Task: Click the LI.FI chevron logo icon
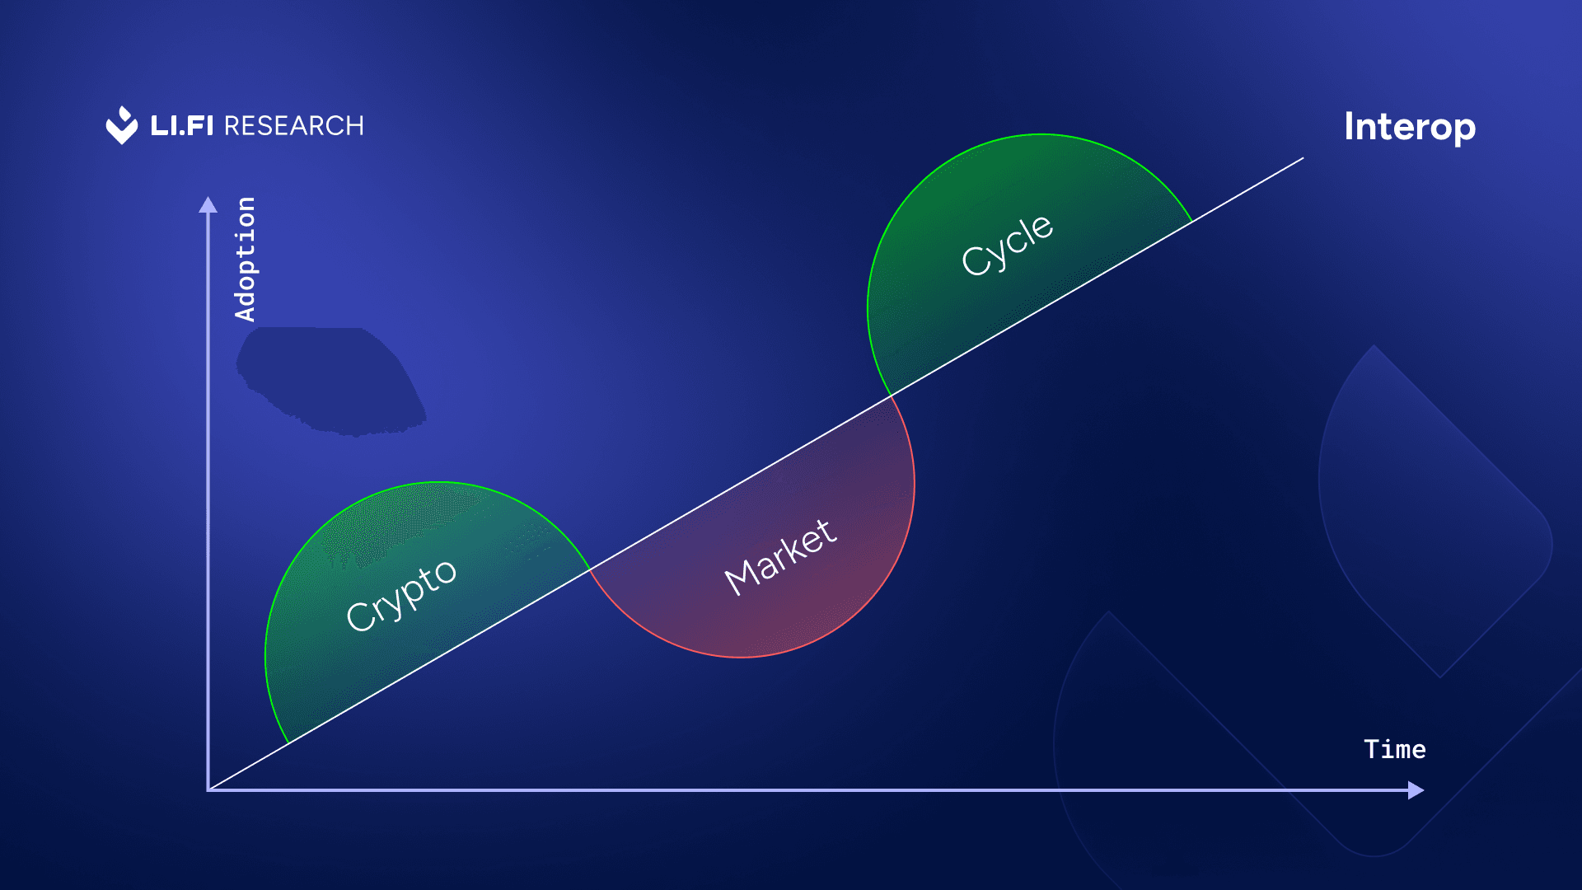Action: point(122,126)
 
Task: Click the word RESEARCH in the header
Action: point(293,126)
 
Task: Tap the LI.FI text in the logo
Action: point(181,126)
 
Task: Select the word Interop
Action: point(1409,128)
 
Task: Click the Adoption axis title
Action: point(245,259)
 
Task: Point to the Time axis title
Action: point(1394,749)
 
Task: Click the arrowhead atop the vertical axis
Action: point(208,204)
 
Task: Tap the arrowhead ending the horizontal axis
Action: point(1416,790)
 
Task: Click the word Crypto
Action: point(400,595)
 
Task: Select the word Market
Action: point(780,557)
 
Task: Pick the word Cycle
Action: point(1007,245)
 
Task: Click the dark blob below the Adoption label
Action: point(330,379)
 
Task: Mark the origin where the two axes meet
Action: point(208,790)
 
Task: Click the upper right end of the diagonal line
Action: point(1303,158)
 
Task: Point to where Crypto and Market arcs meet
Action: point(590,569)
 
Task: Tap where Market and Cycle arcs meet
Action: point(892,396)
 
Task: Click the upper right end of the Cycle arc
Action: point(1192,222)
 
